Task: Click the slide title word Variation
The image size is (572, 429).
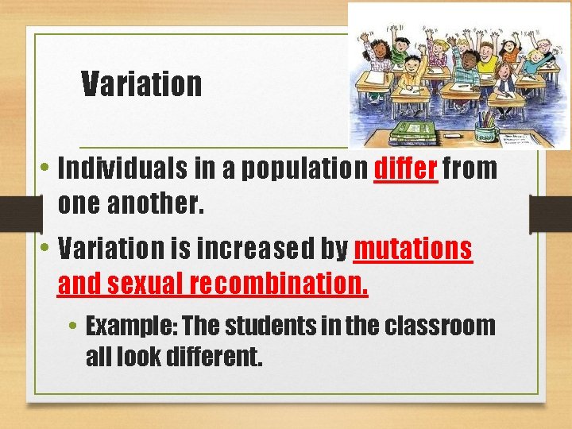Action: point(141,83)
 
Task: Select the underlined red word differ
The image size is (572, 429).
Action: point(405,168)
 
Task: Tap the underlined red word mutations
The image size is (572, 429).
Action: point(412,249)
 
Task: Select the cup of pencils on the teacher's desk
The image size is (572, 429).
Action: point(485,128)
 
